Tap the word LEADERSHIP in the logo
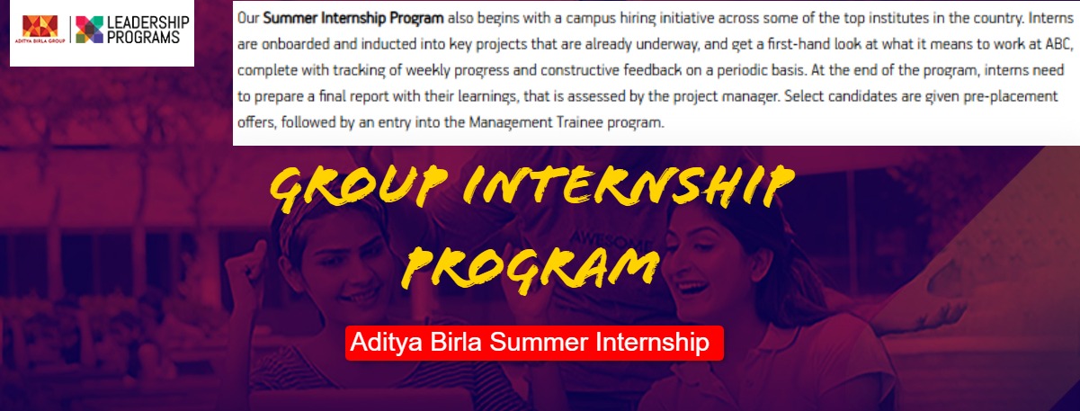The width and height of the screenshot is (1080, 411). (x=148, y=22)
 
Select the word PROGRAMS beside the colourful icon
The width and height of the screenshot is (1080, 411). (x=143, y=37)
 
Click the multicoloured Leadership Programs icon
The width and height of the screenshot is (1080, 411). (x=90, y=30)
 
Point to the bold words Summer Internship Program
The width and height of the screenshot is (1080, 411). (x=353, y=18)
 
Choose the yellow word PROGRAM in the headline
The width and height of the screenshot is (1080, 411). (x=531, y=269)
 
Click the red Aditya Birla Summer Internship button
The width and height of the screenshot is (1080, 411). (x=534, y=343)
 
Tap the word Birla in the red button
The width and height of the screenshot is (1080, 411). (x=456, y=343)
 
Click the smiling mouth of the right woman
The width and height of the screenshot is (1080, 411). (x=692, y=288)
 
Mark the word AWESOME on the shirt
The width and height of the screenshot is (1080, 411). (x=609, y=240)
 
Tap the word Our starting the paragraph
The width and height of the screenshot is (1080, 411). (x=248, y=18)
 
